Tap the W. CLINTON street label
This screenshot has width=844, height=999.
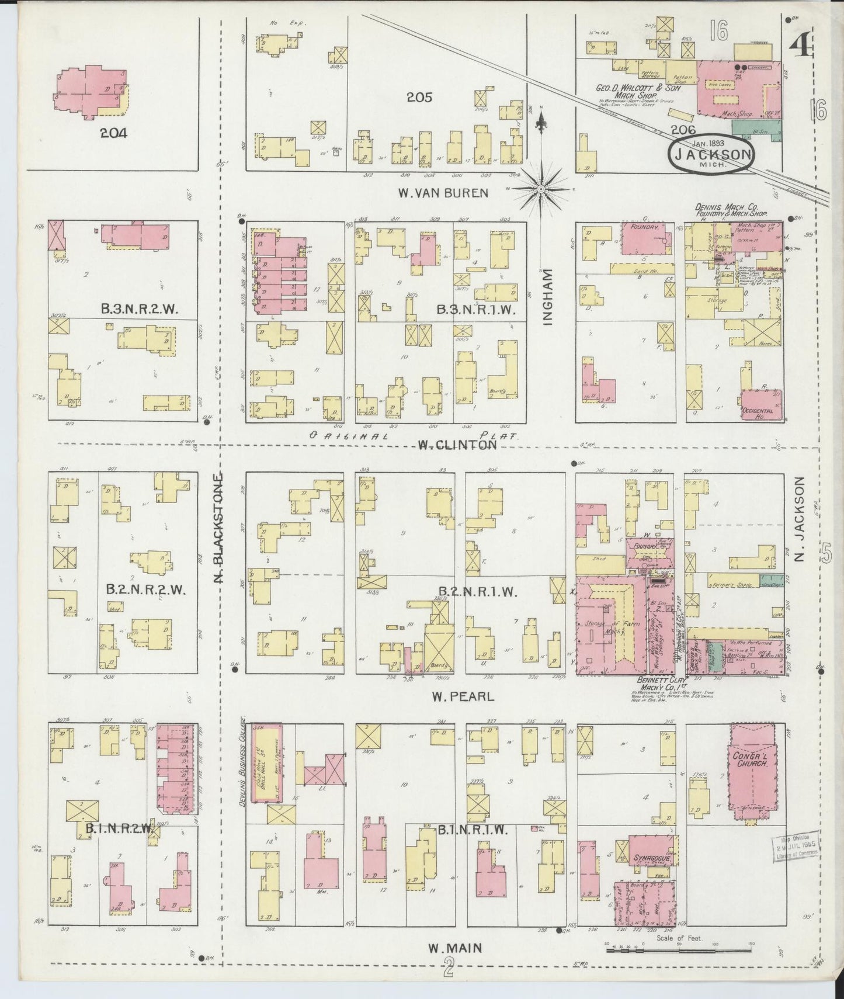[x=457, y=445]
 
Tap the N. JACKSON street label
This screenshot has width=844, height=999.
[x=800, y=519]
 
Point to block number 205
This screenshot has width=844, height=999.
[x=419, y=97]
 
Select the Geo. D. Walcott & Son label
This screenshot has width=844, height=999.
[x=635, y=89]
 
